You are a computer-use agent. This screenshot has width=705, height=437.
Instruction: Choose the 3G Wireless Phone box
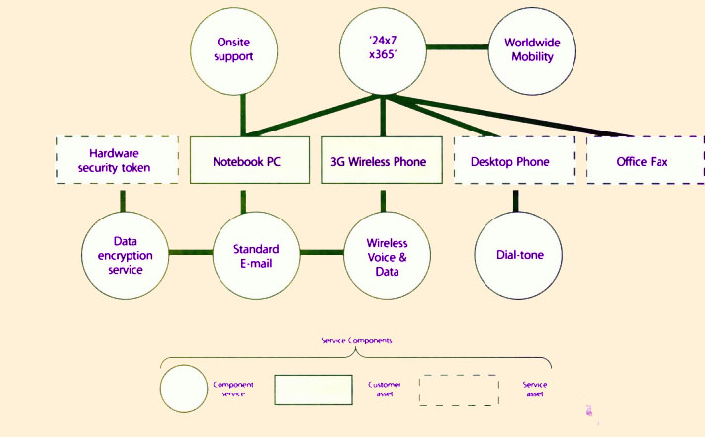[x=380, y=159]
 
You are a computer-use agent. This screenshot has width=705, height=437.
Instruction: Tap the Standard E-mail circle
[x=255, y=255]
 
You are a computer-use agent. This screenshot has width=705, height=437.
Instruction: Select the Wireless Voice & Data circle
[x=387, y=255]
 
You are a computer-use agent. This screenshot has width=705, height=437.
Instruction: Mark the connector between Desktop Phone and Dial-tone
[x=515, y=198]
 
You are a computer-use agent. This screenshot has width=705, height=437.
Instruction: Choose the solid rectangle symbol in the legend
[x=312, y=389]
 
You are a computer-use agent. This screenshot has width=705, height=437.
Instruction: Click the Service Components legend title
[x=357, y=340]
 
